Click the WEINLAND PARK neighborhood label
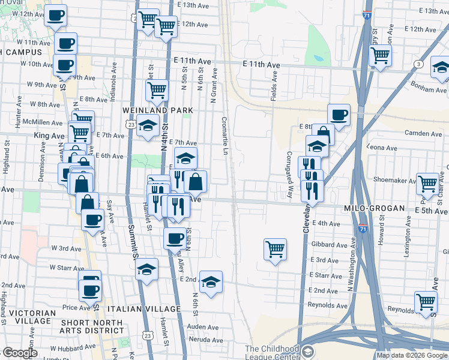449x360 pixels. pyautogui.click(x=158, y=110)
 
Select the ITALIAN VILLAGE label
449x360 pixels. pyautogui.click(x=143, y=309)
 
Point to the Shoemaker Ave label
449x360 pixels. pyautogui.click(x=394, y=179)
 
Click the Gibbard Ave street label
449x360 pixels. pyautogui.click(x=330, y=245)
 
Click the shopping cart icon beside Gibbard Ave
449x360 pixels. pyautogui.click(x=275, y=248)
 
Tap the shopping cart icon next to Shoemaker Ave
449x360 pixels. pyautogui.click(x=428, y=183)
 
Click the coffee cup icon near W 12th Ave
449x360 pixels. pyautogui.click(x=56, y=17)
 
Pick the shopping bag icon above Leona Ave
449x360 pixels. pyautogui.click(x=323, y=133)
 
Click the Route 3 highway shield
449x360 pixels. pyautogui.click(x=418, y=64)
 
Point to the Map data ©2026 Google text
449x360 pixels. pyautogui.click(x=411, y=355)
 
